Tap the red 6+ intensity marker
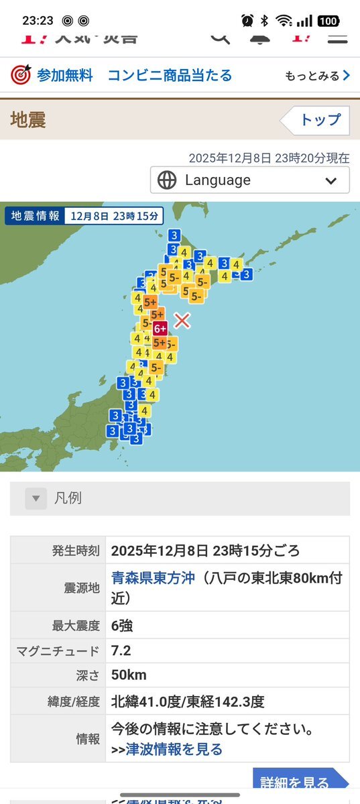pyautogui.click(x=160, y=329)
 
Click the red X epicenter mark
pyautogui.click(x=182, y=321)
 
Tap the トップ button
pyautogui.click(x=315, y=121)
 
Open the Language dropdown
pyautogui.click(x=249, y=180)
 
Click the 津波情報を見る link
pyautogui.click(x=174, y=749)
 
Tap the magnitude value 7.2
pyautogui.click(x=121, y=651)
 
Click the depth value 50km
pyautogui.click(x=129, y=675)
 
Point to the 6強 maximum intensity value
pyautogui.click(x=122, y=626)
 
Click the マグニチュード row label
pyautogui.click(x=58, y=651)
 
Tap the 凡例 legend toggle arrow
pyautogui.click(x=36, y=498)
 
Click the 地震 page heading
pyautogui.click(x=28, y=120)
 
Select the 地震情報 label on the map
pyautogui.click(x=34, y=216)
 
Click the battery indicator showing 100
pyautogui.click(x=328, y=21)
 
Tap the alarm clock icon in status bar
pyautogui.click(x=247, y=21)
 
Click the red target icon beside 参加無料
pyautogui.click(x=21, y=75)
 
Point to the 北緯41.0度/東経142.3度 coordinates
pyautogui.click(x=188, y=701)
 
